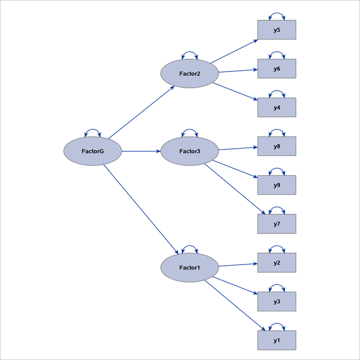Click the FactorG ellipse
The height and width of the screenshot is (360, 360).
[x=93, y=151]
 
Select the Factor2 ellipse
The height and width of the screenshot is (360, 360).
[x=190, y=74]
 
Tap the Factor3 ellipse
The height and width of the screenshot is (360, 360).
[x=190, y=151]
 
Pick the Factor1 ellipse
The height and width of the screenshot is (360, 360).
[x=190, y=268]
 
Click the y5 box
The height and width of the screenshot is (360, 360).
[x=277, y=30]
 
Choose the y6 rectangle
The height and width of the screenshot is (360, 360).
[x=277, y=69]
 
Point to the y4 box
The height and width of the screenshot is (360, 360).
[x=277, y=107]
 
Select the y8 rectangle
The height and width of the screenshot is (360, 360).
[x=277, y=146]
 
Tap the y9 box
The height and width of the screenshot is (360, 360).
[x=277, y=185]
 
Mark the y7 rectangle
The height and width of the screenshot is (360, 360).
[x=277, y=224]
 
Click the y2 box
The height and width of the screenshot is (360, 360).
[x=277, y=262]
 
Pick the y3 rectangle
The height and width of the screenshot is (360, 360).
[x=277, y=301]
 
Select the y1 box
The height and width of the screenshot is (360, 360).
[x=277, y=340]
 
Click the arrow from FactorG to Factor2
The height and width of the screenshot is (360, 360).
[x=141, y=112]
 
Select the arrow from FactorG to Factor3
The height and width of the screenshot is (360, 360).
[x=142, y=151]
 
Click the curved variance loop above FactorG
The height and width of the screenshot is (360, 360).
[x=93, y=130]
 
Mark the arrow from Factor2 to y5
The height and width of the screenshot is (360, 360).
[x=234, y=51]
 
